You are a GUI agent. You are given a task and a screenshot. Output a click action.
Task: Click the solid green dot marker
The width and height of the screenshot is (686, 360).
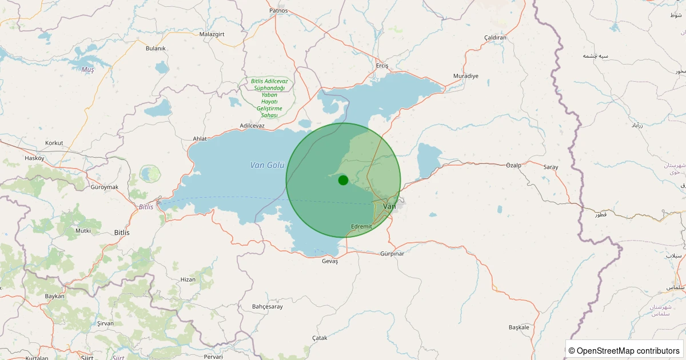[343, 180]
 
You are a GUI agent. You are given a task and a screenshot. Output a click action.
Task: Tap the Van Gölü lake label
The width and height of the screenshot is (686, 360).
[267, 165]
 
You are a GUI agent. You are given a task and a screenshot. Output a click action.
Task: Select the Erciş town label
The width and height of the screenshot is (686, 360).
[382, 66]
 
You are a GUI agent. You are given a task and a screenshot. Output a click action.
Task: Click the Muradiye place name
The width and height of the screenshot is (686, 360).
[465, 76]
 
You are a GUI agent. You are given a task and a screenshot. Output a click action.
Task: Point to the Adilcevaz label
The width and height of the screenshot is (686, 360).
[252, 125]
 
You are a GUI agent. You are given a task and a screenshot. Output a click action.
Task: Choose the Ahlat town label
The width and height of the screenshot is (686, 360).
[200, 138]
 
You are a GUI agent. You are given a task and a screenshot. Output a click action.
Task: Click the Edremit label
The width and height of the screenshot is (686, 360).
[361, 227]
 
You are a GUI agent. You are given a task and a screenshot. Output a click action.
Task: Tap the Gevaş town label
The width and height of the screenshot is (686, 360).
[330, 261]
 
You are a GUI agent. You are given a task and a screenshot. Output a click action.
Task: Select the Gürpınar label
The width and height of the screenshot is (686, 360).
[392, 254]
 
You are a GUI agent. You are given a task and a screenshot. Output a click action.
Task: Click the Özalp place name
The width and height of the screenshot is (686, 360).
[514, 165]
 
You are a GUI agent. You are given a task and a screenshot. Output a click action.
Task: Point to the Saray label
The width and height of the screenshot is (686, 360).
[551, 167]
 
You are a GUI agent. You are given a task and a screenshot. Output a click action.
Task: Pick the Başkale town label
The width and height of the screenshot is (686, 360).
[519, 327]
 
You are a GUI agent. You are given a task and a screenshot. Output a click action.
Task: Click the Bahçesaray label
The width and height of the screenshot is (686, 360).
[268, 307]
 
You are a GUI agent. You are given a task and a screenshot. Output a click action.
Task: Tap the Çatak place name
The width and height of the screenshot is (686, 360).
[320, 338]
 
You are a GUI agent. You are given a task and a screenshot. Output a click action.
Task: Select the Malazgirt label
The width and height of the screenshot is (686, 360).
[212, 34]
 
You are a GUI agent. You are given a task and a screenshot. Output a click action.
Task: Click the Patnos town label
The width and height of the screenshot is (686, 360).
[278, 11]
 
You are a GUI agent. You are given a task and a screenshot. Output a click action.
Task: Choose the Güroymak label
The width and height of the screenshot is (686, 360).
[104, 187]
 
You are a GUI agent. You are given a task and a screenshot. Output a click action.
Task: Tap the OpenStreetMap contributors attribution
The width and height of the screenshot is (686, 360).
[625, 350]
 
